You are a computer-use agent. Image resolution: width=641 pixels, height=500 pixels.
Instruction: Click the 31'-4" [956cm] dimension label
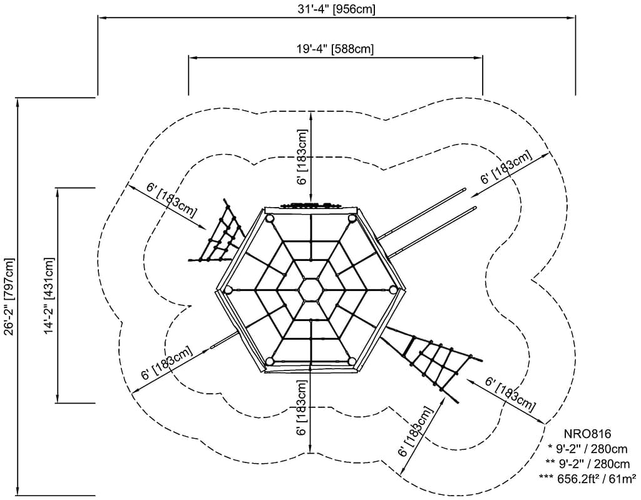[x=337, y=9]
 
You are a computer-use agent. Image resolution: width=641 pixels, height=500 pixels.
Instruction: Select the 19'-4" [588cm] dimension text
[x=336, y=49]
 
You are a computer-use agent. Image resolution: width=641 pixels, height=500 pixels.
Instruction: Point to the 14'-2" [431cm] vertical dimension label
[x=48, y=295]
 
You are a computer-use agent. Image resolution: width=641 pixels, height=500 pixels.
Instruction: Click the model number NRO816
[x=586, y=433]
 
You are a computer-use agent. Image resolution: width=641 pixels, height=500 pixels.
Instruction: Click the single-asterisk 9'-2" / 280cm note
[x=588, y=448]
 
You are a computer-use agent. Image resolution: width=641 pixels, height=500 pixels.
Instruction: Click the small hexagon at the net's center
[x=310, y=289]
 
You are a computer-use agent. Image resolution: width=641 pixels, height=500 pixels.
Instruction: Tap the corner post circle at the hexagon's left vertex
[x=228, y=290]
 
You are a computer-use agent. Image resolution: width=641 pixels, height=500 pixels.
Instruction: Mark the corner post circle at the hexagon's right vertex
[x=393, y=288]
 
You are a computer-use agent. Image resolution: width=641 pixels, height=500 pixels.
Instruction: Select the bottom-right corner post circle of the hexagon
[x=351, y=361]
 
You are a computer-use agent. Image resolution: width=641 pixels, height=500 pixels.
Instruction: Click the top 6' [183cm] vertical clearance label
[x=302, y=156]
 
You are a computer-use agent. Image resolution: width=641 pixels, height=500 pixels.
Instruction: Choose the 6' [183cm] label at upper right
[x=506, y=168]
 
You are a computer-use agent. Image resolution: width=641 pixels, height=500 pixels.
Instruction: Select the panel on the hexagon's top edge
[x=310, y=206]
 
